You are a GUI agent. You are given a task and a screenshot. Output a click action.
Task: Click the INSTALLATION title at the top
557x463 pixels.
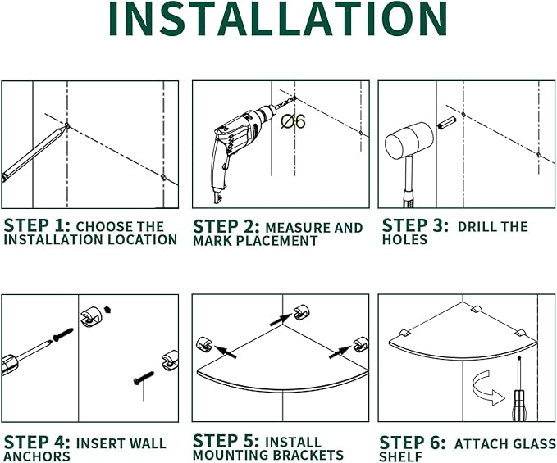(278, 19)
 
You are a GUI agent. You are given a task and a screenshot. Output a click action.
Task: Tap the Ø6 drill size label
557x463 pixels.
(293, 121)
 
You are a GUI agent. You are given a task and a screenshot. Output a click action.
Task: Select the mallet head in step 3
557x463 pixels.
(409, 141)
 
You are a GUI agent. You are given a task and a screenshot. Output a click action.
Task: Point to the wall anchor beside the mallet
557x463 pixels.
(447, 123)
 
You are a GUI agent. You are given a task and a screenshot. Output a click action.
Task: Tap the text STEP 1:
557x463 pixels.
(37, 225)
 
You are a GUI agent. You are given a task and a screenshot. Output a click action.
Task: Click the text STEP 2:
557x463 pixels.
(226, 227)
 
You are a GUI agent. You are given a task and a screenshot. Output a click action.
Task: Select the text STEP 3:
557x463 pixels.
(415, 225)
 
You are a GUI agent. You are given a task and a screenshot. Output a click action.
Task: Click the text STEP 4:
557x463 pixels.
(37, 443)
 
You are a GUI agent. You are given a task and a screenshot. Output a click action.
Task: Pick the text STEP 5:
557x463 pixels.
(226, 441)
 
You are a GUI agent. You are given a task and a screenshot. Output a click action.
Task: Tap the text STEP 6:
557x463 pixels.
(413, 443)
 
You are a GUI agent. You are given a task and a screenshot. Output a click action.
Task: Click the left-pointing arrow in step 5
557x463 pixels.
(226, 352)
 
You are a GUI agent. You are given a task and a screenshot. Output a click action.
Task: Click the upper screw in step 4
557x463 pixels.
(63, 334)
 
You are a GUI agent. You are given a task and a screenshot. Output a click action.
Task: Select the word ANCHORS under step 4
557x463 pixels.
(37, 456)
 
